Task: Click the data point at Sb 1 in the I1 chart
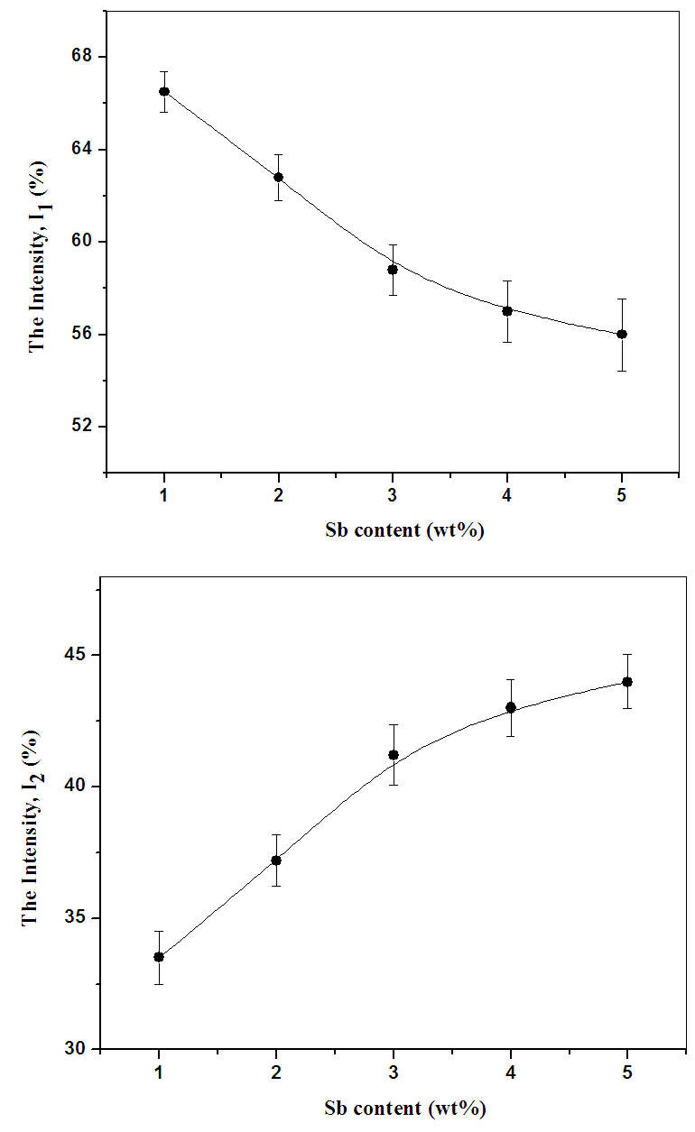click(x=164, y=91)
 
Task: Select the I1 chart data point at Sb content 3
click(x=393, y=269)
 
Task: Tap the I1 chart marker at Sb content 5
click(x=622, y=334)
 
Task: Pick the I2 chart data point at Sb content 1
click(x=159, y=956)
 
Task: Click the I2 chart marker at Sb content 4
click(x=510, y=707)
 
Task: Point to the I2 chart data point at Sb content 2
click(x=276, y=860)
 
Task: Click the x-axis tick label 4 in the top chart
click(x=507, y=494)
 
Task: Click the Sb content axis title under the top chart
click(x=392, y=530)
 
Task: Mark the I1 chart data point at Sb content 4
click(x=507, y=310)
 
